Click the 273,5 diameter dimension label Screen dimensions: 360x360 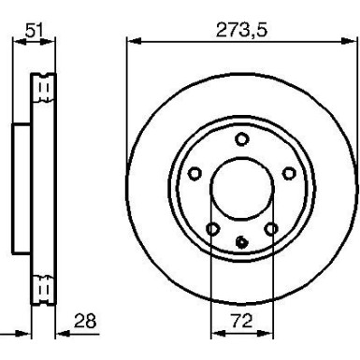pos(240,30)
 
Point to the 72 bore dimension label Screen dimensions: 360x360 pos(240,321)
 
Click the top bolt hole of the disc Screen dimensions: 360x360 pos(241,140)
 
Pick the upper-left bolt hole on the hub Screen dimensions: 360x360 pos(195,172)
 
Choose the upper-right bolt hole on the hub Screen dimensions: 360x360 pos(286,172)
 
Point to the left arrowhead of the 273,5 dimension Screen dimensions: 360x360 pos(132,40)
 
